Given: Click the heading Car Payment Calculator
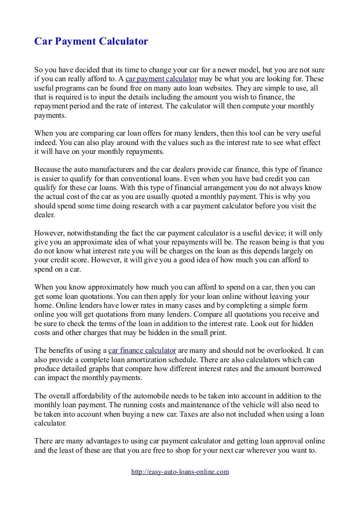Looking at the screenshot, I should [91, 42].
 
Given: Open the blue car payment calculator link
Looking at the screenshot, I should [161, 78].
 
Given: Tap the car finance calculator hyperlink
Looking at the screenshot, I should [142, 350].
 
